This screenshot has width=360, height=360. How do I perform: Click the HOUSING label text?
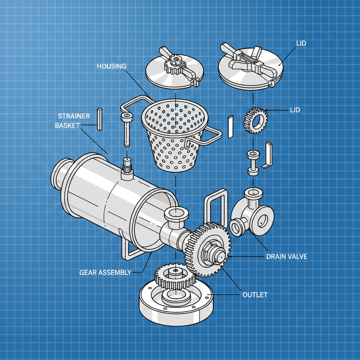(111, 66)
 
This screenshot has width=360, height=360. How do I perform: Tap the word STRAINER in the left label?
(74, 116)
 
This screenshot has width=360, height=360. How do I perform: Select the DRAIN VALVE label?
(287, 257)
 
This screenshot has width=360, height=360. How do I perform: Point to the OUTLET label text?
(255, 295)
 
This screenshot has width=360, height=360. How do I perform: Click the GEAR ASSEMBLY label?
(105, 272)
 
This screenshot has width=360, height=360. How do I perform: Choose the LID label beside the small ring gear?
(295, 110)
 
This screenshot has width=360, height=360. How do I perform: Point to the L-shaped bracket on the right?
(268, 155)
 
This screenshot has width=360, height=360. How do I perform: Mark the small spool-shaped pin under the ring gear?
(253, 162)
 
